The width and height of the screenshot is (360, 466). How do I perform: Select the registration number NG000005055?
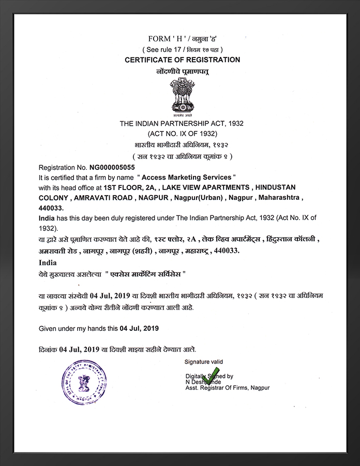[112, 168]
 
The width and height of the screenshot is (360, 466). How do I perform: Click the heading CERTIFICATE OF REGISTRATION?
[183, 60]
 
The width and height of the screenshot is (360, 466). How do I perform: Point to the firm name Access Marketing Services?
[188, 177]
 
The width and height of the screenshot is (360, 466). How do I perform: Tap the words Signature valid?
[204, 361]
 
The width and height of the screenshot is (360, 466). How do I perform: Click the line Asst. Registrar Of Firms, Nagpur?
[227, 387]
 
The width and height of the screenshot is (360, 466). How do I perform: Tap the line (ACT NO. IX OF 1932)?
[182, 134]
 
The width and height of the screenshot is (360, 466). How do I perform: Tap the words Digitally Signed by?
[209, 376]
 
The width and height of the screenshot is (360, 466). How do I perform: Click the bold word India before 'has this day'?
[47, 218]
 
